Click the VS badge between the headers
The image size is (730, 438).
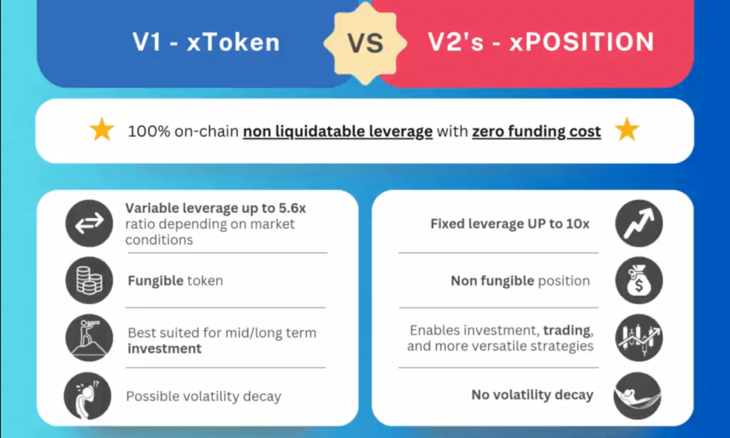[366, 43]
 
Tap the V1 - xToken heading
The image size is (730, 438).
[206, 42]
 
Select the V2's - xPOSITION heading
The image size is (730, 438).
[541, 42]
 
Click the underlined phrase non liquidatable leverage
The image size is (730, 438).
[337, 132]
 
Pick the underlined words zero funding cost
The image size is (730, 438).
[536, 132]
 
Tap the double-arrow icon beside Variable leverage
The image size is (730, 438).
[89, 224]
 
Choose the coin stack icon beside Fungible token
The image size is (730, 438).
[89, 281]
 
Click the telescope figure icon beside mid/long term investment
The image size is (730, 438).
[89, 338]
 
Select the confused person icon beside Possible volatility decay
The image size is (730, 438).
[87, 395]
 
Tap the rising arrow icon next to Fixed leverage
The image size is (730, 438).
[639, 224]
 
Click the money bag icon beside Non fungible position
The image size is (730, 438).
[639, 281]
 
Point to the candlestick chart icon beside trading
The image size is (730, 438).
[639, 338]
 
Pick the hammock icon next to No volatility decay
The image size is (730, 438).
[637, 395]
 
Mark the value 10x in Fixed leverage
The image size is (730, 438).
[578, 224]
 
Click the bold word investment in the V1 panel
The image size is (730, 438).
[164, 349]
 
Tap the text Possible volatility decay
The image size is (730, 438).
[203, 396]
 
